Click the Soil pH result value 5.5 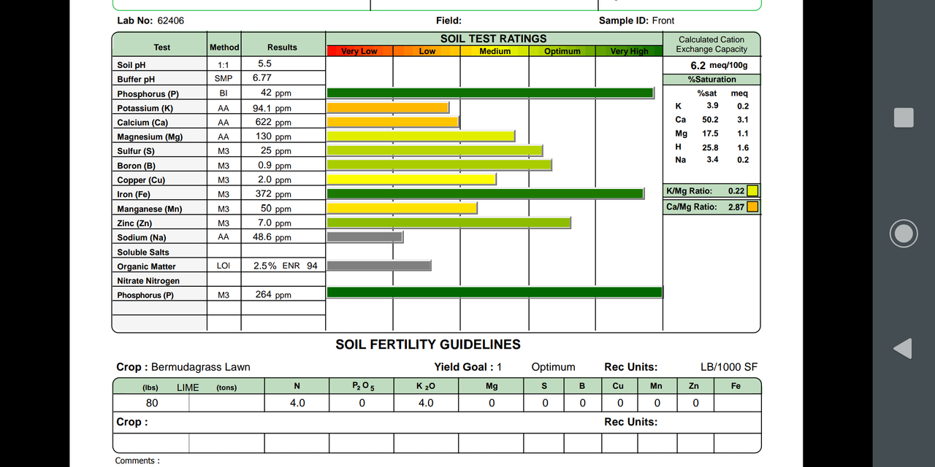pos(264,64)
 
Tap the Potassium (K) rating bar pos(387,108)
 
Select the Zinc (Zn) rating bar pos(449,223)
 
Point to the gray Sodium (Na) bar pos(365,237)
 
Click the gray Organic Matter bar pos(378,266)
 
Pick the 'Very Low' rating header pos(359,51)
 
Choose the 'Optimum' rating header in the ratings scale pos(562,51)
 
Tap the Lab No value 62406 pos(171,20)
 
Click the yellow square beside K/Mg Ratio pos(752,191)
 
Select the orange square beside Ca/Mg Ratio pos(752,207)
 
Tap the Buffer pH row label pos(136,79)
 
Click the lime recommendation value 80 pos(151,403)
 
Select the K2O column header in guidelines pos(425,386)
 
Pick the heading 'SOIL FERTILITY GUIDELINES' pos(428,344)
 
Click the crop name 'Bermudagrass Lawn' pos(200,367)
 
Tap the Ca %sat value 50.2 pos(710,120)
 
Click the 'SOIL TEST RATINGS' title pos(493,39)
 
